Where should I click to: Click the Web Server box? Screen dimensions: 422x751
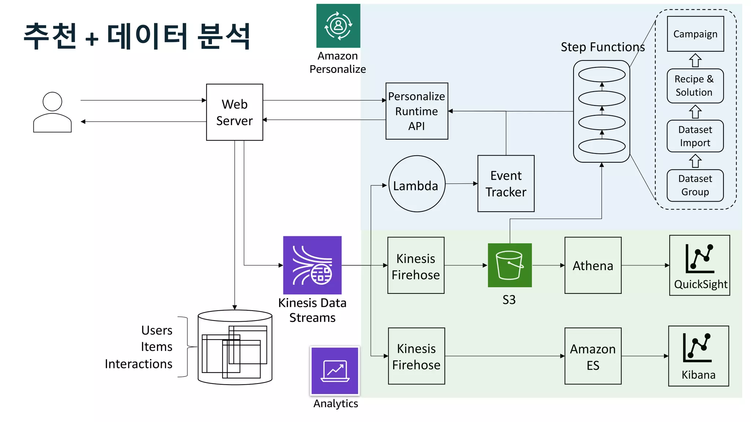pos(234,112)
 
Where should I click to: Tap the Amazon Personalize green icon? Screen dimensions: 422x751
pos(338,26)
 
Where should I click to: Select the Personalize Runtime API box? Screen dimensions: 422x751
pos(417,111)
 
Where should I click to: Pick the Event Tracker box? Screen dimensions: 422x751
pos(506,184)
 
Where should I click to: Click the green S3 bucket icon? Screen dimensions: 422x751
pos(509,265)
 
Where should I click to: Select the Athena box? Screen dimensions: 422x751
pos(593,265)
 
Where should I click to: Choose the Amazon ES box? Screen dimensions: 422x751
pos(593,356)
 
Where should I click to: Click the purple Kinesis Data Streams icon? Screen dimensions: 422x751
pos(312,265)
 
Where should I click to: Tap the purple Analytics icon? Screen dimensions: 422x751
pos(335,371)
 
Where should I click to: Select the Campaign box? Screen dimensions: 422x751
pos(695,34)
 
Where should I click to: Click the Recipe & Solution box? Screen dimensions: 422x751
pos(695,86)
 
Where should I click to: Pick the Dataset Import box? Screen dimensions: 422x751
pos(695,136)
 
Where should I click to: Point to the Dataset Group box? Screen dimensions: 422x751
pos(695,185)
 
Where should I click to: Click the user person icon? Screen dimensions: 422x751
pos(52,112)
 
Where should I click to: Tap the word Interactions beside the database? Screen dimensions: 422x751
pos(139,364)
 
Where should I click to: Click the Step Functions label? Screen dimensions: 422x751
pos(602,47)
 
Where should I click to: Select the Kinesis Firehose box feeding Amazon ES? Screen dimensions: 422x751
pos(416,356)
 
